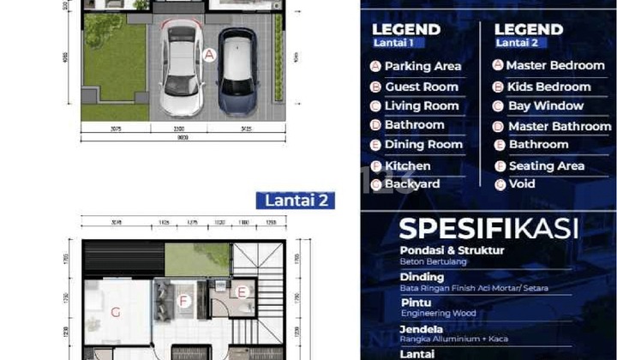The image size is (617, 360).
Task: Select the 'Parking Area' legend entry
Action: (422, 66)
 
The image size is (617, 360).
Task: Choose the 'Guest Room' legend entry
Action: (421, 87)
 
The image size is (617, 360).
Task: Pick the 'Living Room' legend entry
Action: (421, 106)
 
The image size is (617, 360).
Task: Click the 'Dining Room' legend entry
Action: (423, 146)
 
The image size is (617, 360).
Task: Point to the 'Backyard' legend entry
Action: (412, 183)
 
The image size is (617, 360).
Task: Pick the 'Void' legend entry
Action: (522, 183)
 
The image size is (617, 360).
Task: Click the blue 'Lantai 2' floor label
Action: (295, 201)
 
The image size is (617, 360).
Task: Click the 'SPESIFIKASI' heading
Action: (488, 229)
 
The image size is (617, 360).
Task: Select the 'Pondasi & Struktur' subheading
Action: (451, 251)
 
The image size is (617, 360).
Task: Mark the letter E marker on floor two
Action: (242, 292)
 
